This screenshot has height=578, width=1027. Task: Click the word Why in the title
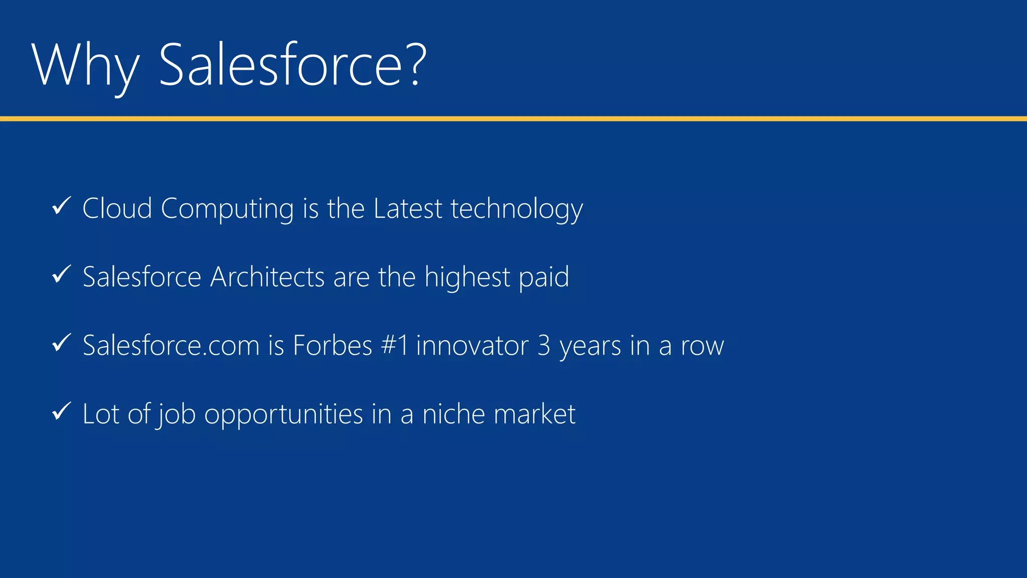tap(85, 65)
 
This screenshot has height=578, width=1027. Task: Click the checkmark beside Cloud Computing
tap(62, 206)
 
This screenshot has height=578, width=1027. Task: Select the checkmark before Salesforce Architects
tap(62, 274)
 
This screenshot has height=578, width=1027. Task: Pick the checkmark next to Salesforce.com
tap(62, 343)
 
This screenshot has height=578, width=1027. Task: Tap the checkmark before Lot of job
tap(62, 411)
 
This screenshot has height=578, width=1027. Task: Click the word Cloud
tap(117, 208)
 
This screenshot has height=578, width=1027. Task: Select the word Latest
tap(408, 208)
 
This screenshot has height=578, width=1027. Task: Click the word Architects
tap(267, 277)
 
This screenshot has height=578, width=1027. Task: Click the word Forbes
tap(332, 346)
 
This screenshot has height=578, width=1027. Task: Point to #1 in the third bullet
tap(395, 346)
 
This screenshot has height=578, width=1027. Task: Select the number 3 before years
tap(544, 346)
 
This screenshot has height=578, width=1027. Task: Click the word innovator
tap(472, 346)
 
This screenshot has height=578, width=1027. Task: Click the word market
tap(535, 414)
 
